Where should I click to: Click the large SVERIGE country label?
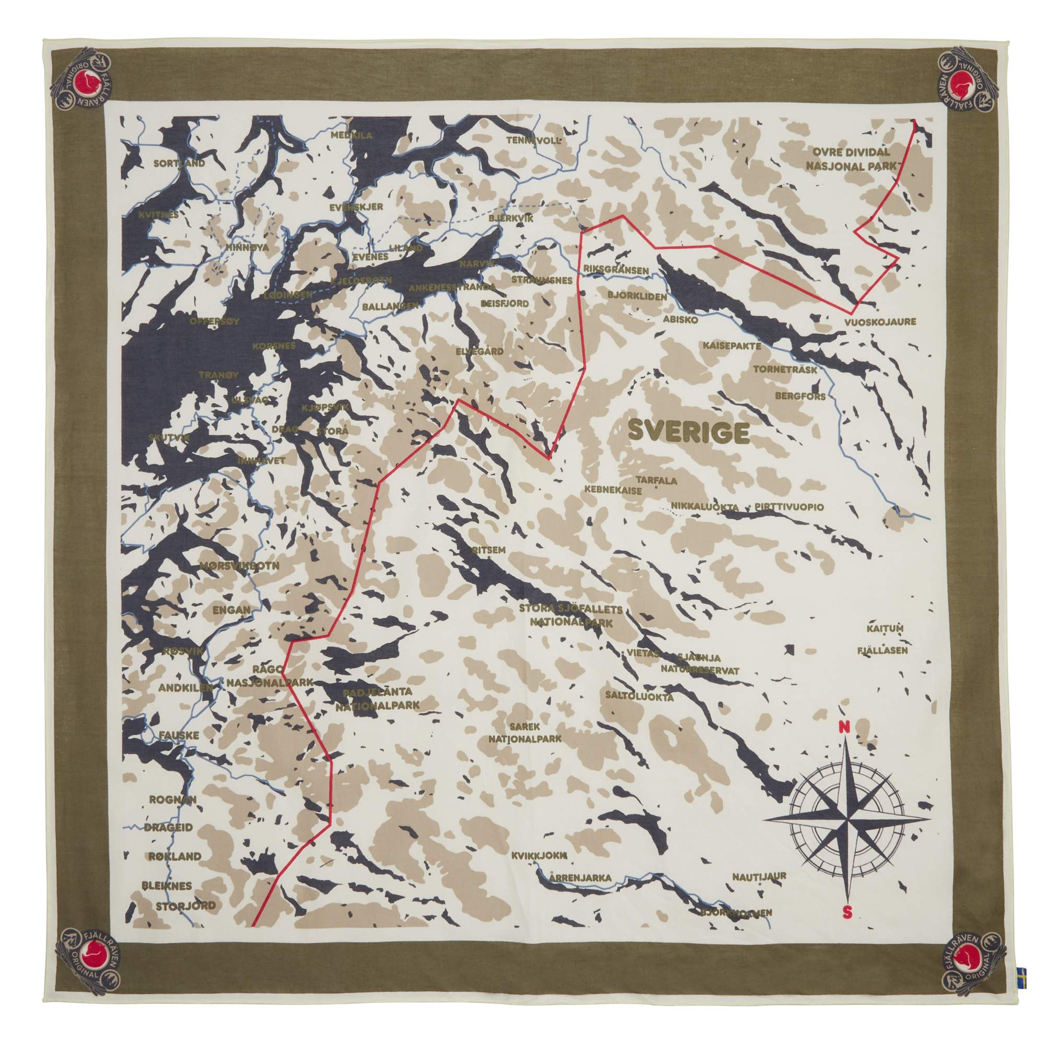point(688,432)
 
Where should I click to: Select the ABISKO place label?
point(680,320)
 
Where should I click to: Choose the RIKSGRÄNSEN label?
point(616,270)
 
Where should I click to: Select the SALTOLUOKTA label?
point(640,696)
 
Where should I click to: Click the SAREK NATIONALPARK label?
point(525,733)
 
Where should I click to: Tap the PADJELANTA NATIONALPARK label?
point(378,699)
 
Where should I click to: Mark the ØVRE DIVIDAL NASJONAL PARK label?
point(851,159)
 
